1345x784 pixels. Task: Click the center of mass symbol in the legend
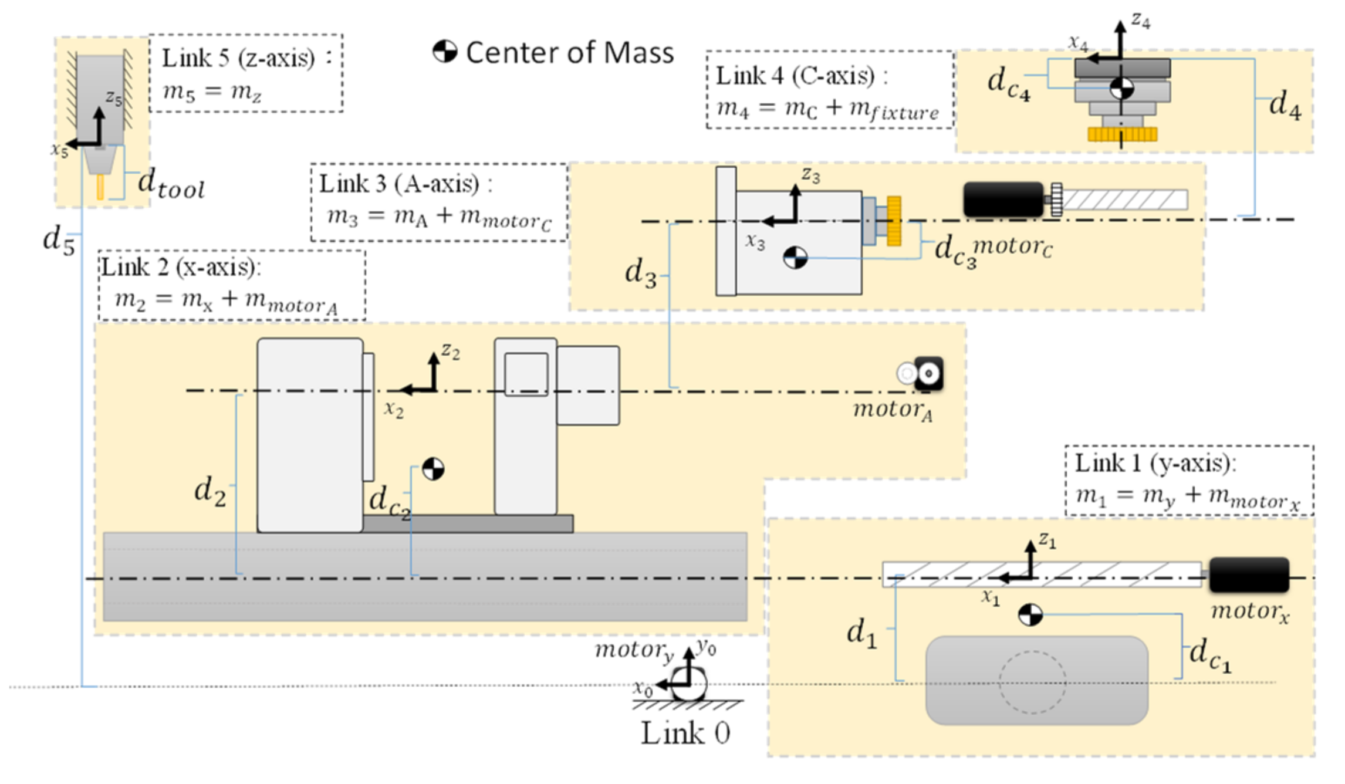click(444, 52)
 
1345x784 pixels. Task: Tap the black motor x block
click(1249, 575)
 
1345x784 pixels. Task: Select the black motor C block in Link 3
click(1003, 200)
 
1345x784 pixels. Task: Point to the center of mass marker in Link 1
click(1030, 614)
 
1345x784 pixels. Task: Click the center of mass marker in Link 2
click(433, 469)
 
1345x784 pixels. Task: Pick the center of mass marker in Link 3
click(795, 258)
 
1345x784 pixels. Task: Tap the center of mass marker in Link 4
click(1121, 89)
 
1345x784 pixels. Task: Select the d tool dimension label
click(171, 183)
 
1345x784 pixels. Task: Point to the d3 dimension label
click(640, 273)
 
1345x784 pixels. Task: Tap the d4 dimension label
click(1285, 105)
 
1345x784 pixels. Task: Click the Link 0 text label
click(685, 733)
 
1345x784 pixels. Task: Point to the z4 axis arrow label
click(1141, 21)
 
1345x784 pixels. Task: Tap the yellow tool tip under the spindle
click(100, 187)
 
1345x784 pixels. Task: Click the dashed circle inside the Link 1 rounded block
click(1032, 682)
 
